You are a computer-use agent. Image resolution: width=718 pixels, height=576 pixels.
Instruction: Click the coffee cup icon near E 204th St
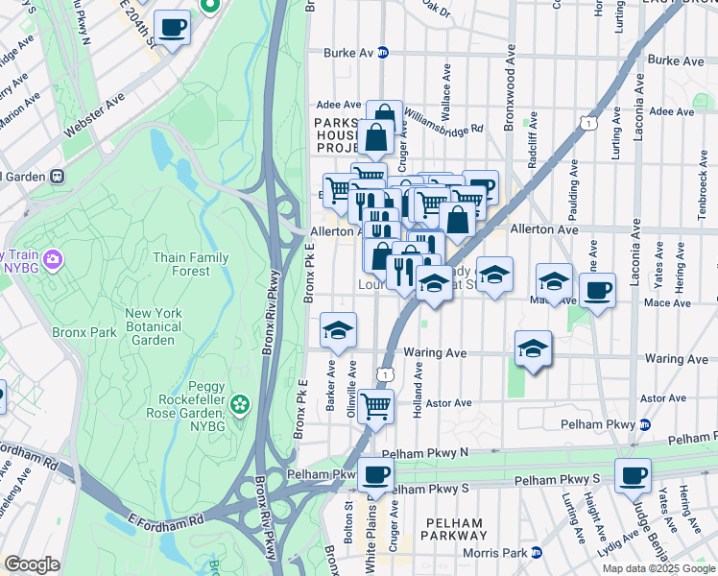pyautogui.click(x=172, y=28)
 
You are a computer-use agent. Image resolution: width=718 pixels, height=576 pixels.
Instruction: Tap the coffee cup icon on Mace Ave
pyautogui.click(x=598, y=290)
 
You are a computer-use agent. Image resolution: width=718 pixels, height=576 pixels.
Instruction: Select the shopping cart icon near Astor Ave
pyautogui.click(x=375, y=405)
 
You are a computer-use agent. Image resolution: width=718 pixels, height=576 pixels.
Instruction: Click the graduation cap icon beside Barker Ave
pyautogui.click(x=338, y=330)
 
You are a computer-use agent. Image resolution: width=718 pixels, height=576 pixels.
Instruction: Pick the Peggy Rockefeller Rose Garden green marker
pyautogui.click(x=239, y=406)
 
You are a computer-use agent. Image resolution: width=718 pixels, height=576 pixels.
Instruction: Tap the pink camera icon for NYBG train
pyautogui.click(x=53, y=258)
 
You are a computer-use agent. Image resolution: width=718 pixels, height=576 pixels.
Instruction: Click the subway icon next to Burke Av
pyautogui.click(x=383, y=53)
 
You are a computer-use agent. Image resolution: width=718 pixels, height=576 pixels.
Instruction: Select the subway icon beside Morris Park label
pyautogui.click(x=537, y=552)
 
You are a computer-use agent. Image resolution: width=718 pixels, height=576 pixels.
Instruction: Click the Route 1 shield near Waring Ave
pyautogui.click(x=385, y=372)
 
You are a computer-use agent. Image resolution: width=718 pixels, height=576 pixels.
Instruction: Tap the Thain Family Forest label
pyautogui.click(x=191, y=264)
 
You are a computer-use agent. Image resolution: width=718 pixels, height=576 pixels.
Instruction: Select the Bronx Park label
pyautogui.click(x=84, y=332)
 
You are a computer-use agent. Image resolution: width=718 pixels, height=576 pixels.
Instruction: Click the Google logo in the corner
pyautogui.click(x=32, y=565)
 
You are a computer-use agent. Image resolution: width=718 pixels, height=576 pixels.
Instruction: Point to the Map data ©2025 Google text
pyautogui.click(x=658, y=568)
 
